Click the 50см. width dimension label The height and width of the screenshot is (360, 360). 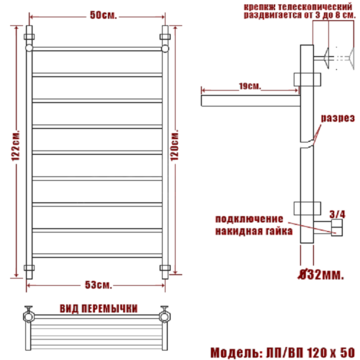point(104,15)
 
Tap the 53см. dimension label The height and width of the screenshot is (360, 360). point(99,285)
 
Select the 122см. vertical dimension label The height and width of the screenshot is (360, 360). point(16,145)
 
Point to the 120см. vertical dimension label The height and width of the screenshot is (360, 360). point(175,145)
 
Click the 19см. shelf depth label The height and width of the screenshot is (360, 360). point(250,86)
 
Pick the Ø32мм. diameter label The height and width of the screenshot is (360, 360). point(320,274)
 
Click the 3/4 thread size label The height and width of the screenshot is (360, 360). point(338,215)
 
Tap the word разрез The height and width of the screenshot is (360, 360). point(338,118)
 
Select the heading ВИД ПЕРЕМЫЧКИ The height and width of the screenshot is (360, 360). point(99,309)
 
